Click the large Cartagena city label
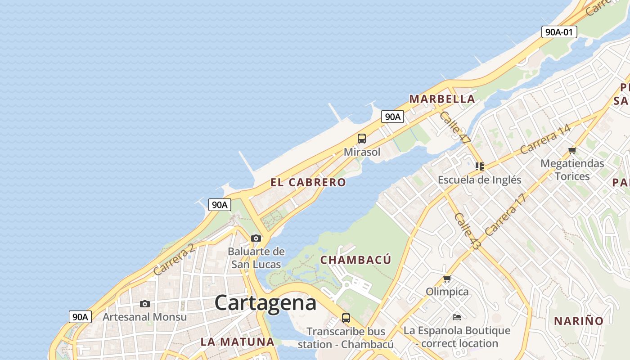[265, 303]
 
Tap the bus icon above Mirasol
[362, 139]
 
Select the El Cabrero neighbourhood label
[308, 182]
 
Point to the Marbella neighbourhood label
[442, 99]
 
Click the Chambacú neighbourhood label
[355, 260]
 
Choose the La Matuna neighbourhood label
[237, 342]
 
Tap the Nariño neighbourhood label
[579, 321]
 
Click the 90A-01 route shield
[559, 32]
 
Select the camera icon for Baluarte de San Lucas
[256, 238]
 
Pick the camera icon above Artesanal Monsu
[144, 304]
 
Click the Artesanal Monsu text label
[144, 317]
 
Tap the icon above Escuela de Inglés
[480, 166]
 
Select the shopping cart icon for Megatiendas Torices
[572, 150]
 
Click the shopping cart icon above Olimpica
[447, 279]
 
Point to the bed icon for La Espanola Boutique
[457, 317]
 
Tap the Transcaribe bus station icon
[346, 318]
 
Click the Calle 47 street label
[455, 127]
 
